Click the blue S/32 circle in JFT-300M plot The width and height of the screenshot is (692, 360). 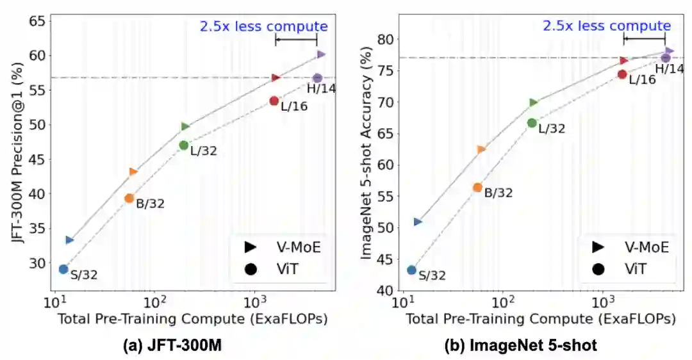[x=63, y=269]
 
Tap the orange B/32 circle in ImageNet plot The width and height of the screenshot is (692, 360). [x=477, y=188]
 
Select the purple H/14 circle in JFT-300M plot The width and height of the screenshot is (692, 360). [x=317, y=78]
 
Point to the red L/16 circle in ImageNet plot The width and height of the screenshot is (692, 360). [x=622, y=74]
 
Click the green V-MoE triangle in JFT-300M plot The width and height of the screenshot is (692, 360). [x=185, y=126]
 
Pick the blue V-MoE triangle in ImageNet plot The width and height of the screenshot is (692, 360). [x=418, y=222]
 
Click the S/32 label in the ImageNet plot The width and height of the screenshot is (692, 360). [x=432, y=276]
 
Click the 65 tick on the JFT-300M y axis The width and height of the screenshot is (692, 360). [x=37, y=21]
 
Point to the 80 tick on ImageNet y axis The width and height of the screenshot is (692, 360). [x=384, y=39]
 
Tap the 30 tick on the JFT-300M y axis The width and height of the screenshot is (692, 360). [x=37, y=263]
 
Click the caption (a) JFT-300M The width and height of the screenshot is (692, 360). [x=172, y=345]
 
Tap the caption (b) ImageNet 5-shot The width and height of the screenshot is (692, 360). [x=521, y=345]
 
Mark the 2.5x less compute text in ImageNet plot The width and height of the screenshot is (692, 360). [x=607, y=26]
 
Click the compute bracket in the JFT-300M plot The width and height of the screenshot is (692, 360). [x=296, y=40]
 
